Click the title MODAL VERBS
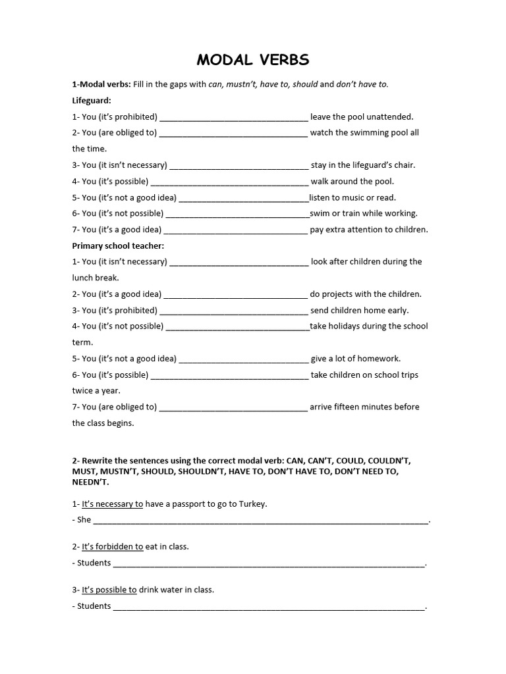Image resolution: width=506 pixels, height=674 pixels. click(253, 60)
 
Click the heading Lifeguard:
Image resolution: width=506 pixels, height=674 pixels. click(92, 101)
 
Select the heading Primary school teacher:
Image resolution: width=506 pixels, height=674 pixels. click(118, 246)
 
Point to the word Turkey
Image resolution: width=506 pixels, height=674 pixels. click(252, 504)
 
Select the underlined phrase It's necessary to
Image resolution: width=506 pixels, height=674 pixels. click(112, 504)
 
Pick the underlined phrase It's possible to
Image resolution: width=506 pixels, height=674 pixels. click(109, 590)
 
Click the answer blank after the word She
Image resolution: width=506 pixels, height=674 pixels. click(261, 520)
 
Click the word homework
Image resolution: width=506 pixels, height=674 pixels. click(379, 359)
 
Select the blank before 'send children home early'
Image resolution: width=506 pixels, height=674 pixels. click(234, 311)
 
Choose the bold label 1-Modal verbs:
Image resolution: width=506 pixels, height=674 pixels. click(101, 84)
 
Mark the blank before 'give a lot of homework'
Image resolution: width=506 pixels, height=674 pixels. click(244, 359)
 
